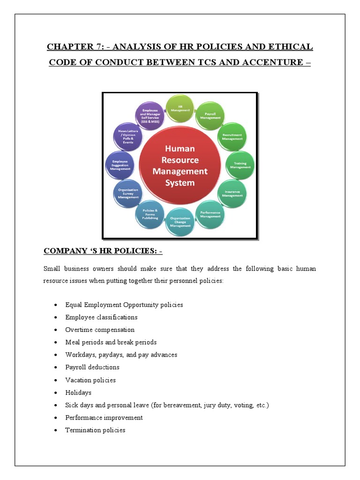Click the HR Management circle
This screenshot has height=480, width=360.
click(180, 108)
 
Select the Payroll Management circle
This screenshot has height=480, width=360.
click(210, 116)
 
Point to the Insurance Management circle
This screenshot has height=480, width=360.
click(232, 193)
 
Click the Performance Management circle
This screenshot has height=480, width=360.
click(210, 214)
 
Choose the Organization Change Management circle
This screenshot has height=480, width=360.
click(180, 222)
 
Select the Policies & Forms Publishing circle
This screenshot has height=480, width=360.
click(150, 215)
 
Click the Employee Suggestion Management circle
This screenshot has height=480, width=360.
click(120, 165)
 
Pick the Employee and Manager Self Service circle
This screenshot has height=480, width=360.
click(150, 116)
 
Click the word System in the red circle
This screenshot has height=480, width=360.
click(180, 183)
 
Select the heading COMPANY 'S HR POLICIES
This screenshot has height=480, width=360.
click(103, 251)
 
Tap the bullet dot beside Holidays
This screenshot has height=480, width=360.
click(55, 393)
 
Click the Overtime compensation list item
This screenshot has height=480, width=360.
click(100, 330)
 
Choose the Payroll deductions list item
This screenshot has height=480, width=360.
click(92, 367)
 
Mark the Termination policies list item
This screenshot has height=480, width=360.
click(95, 430)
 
